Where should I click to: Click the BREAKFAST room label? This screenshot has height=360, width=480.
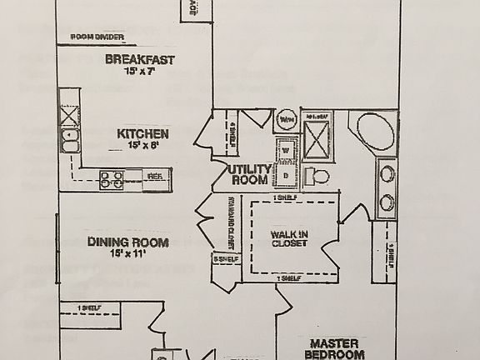(x=139, y=59)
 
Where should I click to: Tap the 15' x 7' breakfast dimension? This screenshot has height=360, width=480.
(x=139, y=72)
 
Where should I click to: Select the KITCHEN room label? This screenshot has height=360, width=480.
(x=142, y=133)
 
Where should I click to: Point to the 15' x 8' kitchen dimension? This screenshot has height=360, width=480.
(x=142, y=145)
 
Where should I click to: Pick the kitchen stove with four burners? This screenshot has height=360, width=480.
(x=112, y=177)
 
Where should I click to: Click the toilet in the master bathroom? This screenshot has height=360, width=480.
(x=317, y=176)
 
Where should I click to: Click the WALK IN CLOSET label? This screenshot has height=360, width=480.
(x=288, y=238)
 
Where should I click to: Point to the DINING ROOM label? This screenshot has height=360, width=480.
(x=127, y=242)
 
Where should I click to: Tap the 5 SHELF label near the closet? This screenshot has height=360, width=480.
(x=225, y=259)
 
